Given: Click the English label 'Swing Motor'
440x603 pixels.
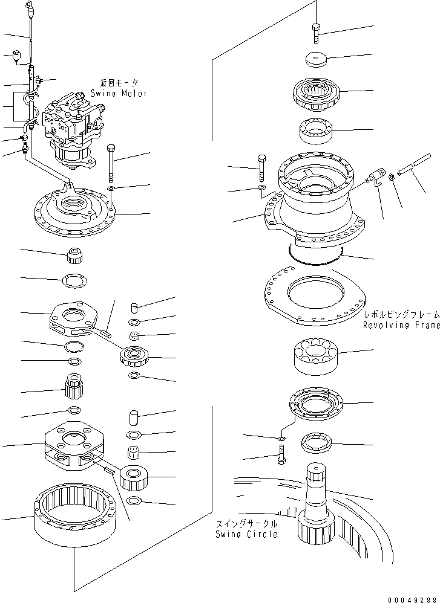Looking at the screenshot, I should [119, 94].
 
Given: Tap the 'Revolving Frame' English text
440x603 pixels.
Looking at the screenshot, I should [401, 326].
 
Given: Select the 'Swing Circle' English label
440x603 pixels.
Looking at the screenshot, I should [246, 534].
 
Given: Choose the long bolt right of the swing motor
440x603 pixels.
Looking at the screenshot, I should [111, 163].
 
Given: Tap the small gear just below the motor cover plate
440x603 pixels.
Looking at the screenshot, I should [74, 256].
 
